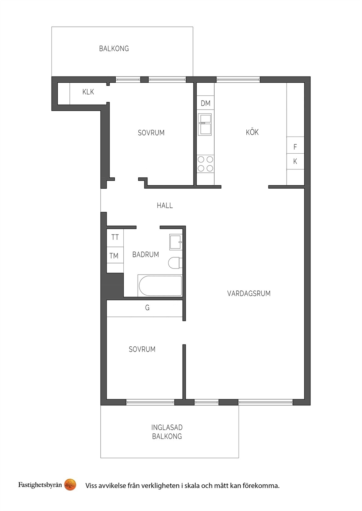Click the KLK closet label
tap(88, 92)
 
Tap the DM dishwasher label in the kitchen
tap(205, 103)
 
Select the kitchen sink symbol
tap(205, 125)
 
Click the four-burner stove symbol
tap(205, 164)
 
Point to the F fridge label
tap(295, 147)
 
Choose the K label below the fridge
tap(295, 161)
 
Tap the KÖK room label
tap(252, 132)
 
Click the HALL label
tap(165, 205)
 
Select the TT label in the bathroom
tap(115, 237)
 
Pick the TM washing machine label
tap(114, 256)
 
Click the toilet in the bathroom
tap(176, 263)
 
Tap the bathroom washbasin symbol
tap(176, 242)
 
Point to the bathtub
tap(160, 286)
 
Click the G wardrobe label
tap(147, 308)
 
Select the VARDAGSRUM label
tap(249, 293)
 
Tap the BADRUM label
tap(146, 255)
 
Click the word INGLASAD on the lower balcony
tap(167, 427)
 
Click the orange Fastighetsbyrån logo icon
tap(70, 484)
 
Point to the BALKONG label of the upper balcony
tap(114, 48)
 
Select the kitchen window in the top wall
tap(238, 79)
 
